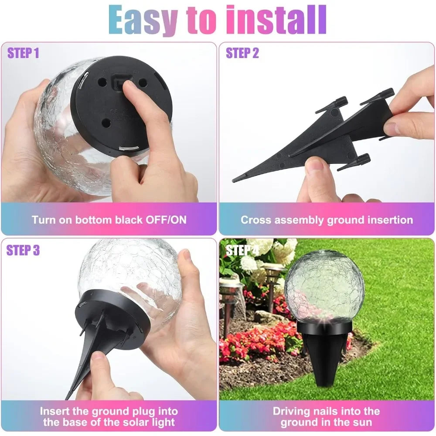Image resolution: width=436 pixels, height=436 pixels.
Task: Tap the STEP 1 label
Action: (x=23, y=53)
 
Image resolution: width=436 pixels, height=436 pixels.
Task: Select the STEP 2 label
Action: (x=242, y=53)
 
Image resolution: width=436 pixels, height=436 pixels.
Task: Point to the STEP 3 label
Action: (x=23, y=250)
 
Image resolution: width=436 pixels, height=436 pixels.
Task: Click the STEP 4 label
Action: (x=242, y=250)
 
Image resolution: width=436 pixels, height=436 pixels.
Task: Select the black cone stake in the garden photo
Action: (x=324, y=358)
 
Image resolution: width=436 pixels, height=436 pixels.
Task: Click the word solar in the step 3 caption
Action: (x=129, y=422)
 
